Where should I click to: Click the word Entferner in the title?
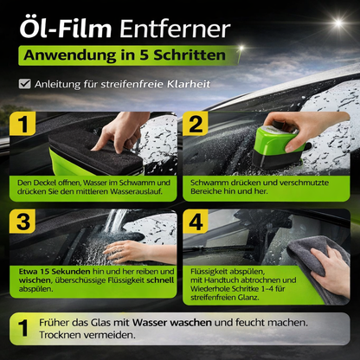click(x=175, y=29)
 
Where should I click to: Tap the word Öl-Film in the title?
click(x=66, y=28)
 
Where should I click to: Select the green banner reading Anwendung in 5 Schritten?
click(x=129, y=55)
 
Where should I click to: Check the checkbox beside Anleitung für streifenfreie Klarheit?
click(x=25, y=84)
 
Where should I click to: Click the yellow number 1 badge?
click(x=22, y=124)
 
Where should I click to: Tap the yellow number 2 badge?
click(x=196, y=124)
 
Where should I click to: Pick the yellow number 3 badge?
click(x=22, y=222)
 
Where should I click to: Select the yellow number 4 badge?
click(x=196, y=222)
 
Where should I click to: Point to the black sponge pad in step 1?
click(x=95, y=151)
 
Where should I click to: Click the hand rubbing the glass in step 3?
click(x=136, y=252)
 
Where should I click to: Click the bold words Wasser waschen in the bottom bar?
click(x=172, y=323)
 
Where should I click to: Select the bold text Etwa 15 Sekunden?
click(x=55, y=272)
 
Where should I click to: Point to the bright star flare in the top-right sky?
click(x=338, y=22)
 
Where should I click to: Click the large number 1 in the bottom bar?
click(x=23, y=328)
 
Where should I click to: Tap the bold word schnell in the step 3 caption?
click(x=160, y=280)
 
